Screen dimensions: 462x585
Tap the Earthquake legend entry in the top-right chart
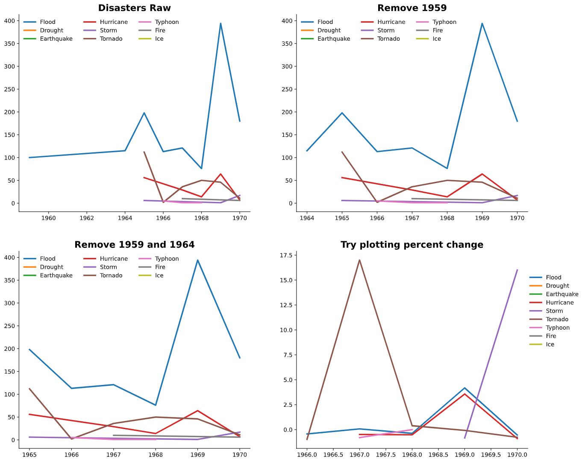point(333,39)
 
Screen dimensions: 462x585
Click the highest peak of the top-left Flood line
point(220,24)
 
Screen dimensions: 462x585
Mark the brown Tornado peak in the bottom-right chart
point(359,260)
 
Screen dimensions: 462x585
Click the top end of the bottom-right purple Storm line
point(517,269)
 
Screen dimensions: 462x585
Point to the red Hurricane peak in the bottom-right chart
point(464,394)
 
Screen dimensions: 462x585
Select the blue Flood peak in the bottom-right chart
point(464,388)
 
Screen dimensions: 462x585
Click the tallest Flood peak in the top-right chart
point(482,24)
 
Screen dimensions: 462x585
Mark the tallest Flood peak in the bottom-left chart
point(197,260)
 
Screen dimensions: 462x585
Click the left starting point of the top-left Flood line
point(29,157)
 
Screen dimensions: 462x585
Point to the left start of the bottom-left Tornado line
point(29,388)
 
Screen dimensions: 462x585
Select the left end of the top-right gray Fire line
point(412,198)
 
